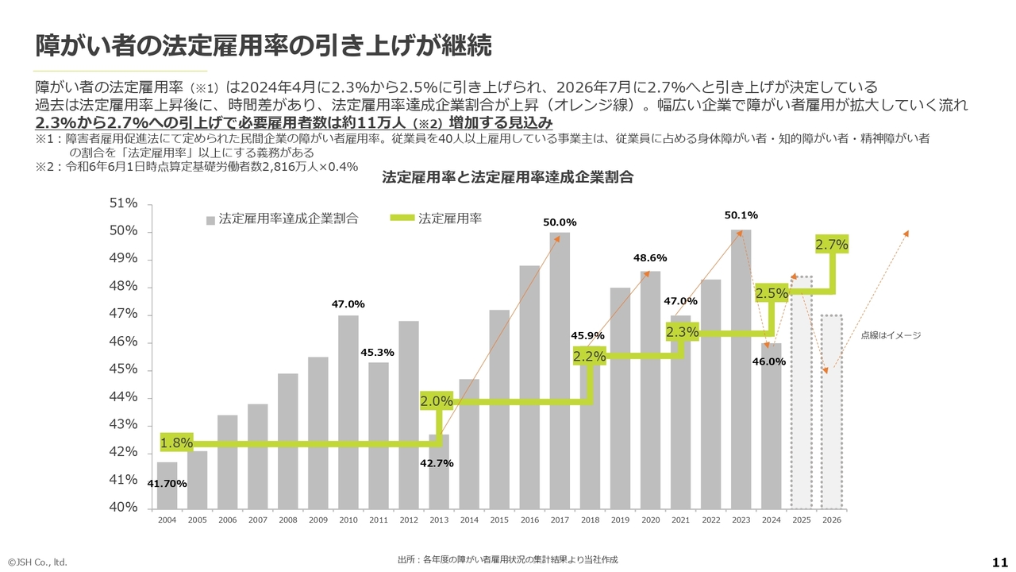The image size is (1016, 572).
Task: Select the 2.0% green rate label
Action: [437, 402]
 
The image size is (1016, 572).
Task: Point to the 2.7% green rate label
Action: [832, 245]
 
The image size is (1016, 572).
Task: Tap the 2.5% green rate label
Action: [772, 293]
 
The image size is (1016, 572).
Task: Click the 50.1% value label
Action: [741, 215]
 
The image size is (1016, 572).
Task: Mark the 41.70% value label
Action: [167, 483]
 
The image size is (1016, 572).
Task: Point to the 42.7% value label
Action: [437, 463]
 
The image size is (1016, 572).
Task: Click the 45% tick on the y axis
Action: [123, 369]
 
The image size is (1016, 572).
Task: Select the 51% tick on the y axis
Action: [123, 203]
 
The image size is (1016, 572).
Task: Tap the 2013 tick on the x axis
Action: [438, 520]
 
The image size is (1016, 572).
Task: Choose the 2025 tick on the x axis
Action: [801, 520]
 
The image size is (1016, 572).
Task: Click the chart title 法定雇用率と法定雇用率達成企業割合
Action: [507, 177]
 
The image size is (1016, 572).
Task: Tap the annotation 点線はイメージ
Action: [891, 336]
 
